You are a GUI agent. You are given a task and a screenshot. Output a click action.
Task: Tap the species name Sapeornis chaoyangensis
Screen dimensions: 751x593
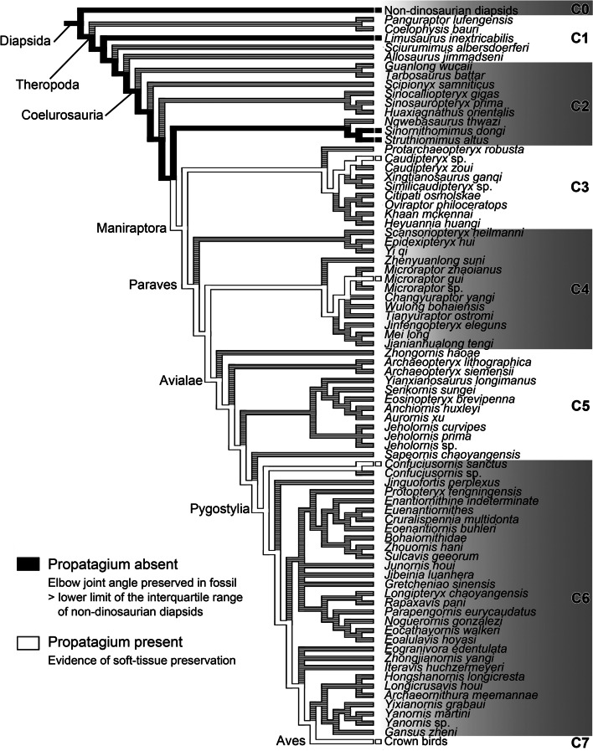[443, 454]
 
